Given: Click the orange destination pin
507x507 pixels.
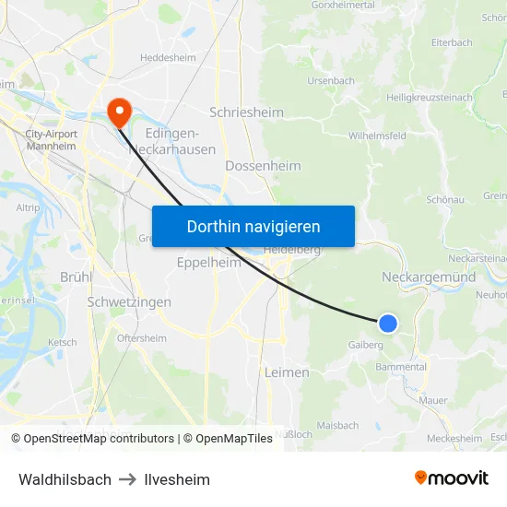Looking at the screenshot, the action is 119,113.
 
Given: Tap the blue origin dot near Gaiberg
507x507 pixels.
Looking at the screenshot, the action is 388,323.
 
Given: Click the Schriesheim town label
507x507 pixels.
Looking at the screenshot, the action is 246,112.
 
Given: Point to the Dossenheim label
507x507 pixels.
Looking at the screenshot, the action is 263,166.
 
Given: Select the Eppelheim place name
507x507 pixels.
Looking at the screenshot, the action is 208,263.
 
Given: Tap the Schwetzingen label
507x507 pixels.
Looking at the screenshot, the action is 129,302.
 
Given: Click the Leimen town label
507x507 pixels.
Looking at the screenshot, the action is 287,372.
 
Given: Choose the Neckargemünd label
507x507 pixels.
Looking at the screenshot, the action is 429,277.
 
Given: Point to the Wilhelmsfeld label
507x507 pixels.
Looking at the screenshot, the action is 378,136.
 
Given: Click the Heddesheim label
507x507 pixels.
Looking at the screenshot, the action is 167,57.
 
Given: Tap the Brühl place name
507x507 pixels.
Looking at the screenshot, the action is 76,277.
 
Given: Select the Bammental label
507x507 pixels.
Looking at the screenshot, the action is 401,367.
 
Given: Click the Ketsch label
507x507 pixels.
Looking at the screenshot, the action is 63,342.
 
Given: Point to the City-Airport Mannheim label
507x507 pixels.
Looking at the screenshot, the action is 51,140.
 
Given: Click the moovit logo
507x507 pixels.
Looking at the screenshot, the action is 452,478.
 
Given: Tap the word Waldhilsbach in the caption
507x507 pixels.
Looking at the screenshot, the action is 65,479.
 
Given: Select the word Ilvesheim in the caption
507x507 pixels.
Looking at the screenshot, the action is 178,479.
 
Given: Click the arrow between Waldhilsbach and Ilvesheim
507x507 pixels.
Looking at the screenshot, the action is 128,479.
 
